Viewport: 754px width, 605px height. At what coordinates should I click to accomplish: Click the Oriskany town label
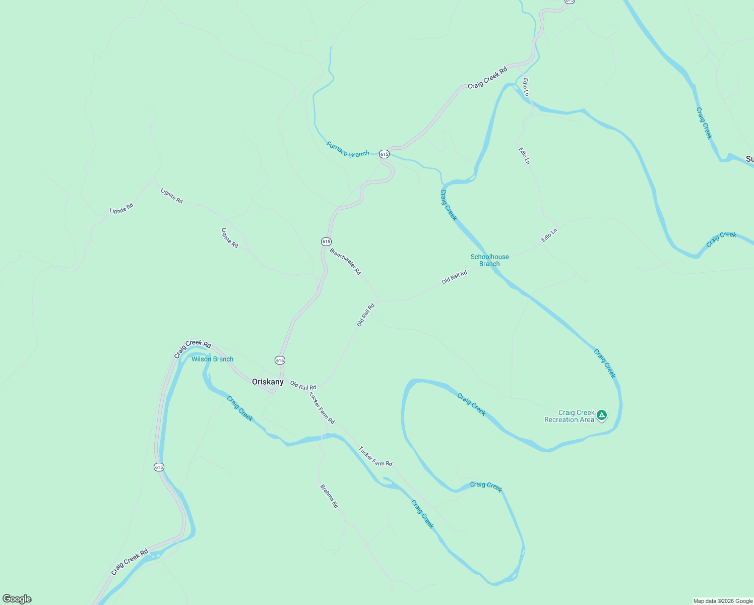268,382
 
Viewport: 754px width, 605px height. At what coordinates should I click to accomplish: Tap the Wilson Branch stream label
212,359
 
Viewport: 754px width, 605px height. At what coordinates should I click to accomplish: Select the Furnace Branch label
347,150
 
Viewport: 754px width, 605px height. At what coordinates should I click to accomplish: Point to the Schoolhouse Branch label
489,260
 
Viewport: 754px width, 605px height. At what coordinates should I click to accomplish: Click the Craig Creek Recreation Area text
569,416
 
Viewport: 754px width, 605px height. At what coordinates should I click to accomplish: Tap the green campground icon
601,415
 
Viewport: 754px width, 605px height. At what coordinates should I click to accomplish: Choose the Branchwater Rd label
345,261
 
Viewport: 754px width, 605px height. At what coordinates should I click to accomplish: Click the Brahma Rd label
329,496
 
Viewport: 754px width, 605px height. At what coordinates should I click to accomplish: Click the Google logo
17,599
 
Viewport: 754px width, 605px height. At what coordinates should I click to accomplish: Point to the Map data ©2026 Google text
723,601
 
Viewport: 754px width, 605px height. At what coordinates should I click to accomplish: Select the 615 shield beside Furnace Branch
384,154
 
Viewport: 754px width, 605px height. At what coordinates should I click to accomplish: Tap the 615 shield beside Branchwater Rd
326,241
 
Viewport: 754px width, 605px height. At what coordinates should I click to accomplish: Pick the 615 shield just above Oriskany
280,360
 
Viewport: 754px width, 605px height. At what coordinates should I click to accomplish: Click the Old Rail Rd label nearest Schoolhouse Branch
454,277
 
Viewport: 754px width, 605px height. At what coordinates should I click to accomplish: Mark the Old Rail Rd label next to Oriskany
303,386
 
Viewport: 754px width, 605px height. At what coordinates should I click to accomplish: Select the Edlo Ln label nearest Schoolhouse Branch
549,235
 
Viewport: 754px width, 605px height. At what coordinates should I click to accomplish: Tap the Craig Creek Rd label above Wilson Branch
193,349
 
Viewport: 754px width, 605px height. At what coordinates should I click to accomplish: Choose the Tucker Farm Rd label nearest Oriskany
322,408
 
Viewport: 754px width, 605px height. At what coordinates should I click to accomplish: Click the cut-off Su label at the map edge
749,159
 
